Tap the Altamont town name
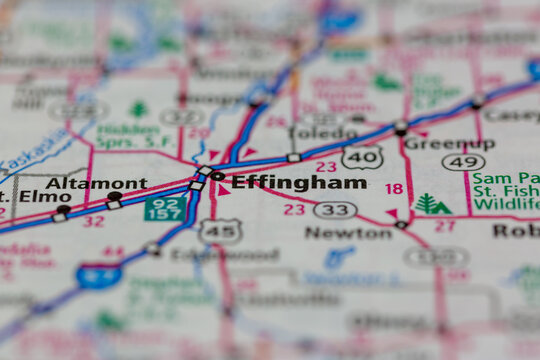[96, 184]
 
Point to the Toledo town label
[322, 132]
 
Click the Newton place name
[348, 232]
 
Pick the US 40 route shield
[361, 157]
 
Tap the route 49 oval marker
[464, 162]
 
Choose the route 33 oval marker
[335, 210]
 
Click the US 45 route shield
[220, 230]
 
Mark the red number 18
[394, 189]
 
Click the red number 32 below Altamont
[93, 221]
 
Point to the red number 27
[444, 226]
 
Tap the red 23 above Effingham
[326, 167]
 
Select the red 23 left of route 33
[293, 210]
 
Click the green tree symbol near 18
[432, 204]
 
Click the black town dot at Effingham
[217, 176]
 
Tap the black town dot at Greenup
[401, 127]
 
